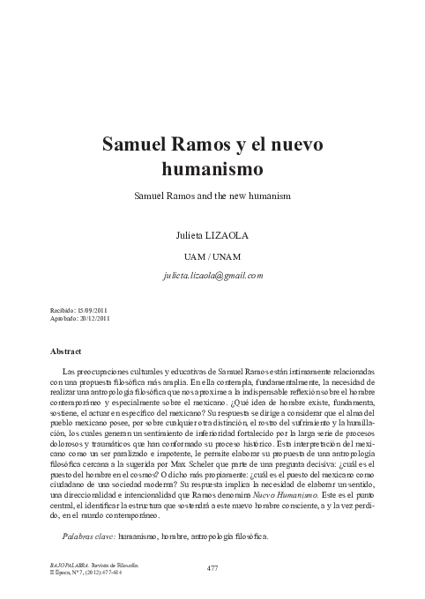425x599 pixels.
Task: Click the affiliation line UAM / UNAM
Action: (212, 256)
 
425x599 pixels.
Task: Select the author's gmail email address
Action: (212, 275)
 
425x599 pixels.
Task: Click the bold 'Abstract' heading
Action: (72, 351)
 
